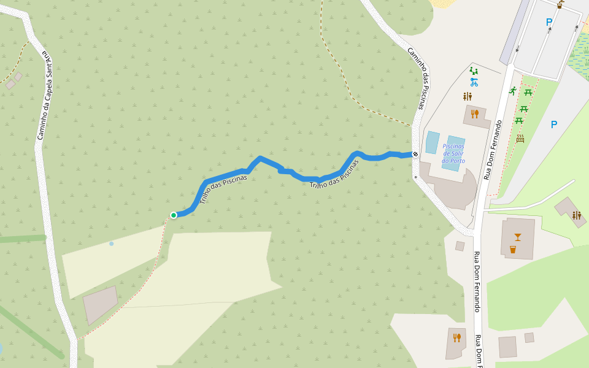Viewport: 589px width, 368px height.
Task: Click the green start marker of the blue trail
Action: pos(174,215)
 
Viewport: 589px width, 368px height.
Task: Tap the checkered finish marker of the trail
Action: pos(415,153)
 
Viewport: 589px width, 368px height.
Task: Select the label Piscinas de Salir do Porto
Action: pos(453,153)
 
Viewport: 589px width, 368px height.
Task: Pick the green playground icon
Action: pos(474,71)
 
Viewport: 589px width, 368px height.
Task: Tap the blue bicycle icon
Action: pos(474,82)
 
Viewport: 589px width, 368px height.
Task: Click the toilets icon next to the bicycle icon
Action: pos(468,96)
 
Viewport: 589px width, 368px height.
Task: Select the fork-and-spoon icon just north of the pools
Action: pos(474,114)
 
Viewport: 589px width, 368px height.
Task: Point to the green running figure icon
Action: pos(512,91)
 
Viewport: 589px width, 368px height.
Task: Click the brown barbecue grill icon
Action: pos(520,139)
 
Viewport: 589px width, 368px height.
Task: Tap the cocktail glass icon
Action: pos(518,237)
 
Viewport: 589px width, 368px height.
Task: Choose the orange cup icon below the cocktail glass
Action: pos(512,249)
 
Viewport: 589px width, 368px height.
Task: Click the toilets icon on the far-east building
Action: pos(576,215)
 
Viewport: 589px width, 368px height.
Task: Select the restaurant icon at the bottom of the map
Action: pos(456,337)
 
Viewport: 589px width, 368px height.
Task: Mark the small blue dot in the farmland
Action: pos(111,243)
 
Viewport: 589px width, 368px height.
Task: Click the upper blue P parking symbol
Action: pos(549,23)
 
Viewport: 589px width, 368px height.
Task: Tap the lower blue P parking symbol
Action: pos(554,125)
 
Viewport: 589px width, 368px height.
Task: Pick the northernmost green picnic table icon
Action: pos(528,93)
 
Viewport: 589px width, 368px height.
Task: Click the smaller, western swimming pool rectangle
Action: pos(433,142)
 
